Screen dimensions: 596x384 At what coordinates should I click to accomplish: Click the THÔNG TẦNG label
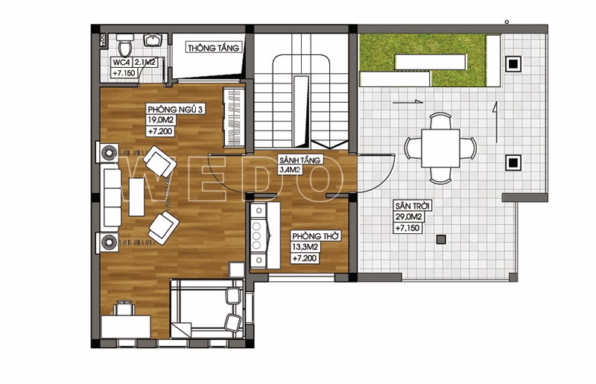click(x=213, y=48)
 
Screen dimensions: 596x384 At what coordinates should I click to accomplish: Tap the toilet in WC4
click(x=124, y=45)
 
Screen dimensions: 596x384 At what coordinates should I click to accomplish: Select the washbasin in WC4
click(x=153, y=40)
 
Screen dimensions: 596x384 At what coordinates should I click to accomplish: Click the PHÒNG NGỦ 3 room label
click(x=176, y=110)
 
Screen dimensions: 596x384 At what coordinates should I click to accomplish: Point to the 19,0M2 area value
click(x=161, y=120)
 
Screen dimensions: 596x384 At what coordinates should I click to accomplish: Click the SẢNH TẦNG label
click(x=300, y=160)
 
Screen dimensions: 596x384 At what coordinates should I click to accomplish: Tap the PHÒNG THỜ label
click(x=315, y=236)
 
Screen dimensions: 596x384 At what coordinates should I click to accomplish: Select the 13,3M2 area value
click(x=305, y=248)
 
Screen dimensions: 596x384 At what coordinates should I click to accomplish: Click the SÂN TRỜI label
click(x=413, y=207)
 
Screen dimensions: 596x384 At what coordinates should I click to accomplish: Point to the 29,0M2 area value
click(x=408, y=217)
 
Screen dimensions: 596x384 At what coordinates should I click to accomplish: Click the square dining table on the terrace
click(x=440, y=148)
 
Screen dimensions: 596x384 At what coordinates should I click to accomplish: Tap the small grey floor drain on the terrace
click(x=441, y=239)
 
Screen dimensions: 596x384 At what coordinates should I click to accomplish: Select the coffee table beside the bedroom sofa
click(x=136, y=197)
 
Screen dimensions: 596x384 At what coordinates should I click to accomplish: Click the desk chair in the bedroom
click(x=124, y=307)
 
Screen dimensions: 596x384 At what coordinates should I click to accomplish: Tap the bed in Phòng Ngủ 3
click(x=207, y=309)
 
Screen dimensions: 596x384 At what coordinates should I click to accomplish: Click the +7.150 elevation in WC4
click(x=124, y=73)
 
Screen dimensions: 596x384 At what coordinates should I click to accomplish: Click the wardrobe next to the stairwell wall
click(x=233, y=117)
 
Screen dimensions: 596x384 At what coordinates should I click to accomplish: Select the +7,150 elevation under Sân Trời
click(x=408, y=228)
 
